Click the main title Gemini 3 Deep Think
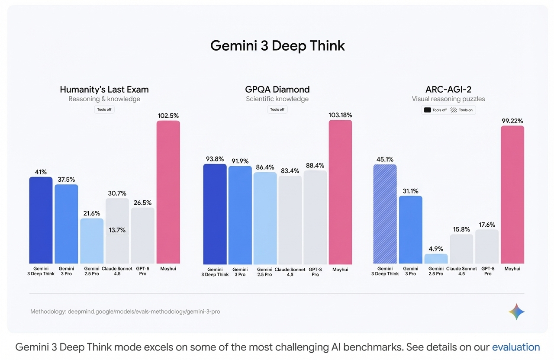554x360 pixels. tap(277, 46)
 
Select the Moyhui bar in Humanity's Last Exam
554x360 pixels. tap(168, 192)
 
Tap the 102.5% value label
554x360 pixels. tap(168, 116)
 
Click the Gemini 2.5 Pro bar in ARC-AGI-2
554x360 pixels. tap(436, 259)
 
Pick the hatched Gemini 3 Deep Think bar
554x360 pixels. tap(385, 214)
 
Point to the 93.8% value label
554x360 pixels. tap(215, 159)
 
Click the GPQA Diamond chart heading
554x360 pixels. tap(277, 90)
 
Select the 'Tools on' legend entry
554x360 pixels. tap(462, 110)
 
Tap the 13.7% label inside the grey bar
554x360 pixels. tap(117, 230)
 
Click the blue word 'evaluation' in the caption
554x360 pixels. tap(516, 347)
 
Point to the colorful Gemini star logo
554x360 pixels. tap(517, 312)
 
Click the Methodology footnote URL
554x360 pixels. tap(144, 312)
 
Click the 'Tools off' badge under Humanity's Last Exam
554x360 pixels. tap(104, 109)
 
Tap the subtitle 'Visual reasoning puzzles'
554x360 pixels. tap(448, 99)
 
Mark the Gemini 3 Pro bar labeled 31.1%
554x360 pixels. tap(410, 229)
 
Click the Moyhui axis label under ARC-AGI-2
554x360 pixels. tap(512, 269)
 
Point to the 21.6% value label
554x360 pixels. tap(92, 213)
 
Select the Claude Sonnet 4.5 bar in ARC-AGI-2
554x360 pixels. tap(461, 249)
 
